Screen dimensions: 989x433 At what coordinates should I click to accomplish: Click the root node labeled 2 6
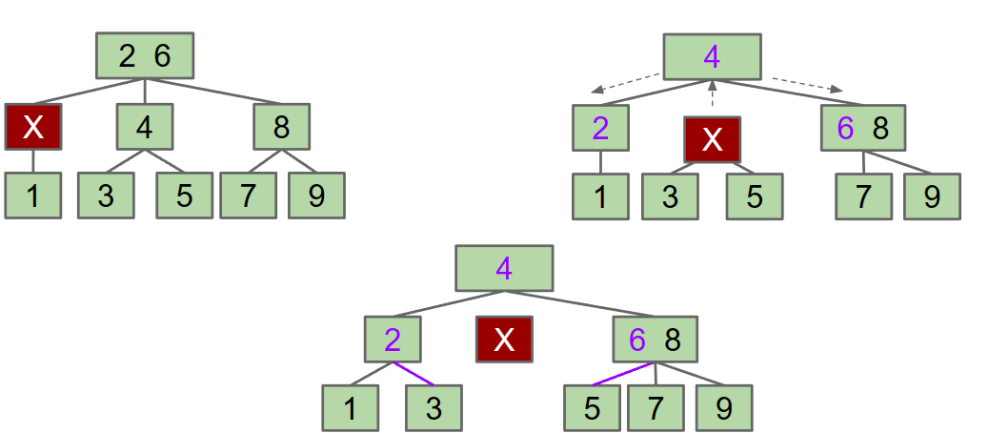145,56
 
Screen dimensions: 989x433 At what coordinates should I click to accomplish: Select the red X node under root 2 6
32,127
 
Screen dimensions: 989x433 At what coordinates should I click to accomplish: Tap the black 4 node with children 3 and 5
145,127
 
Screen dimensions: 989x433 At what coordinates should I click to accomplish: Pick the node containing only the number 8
281,127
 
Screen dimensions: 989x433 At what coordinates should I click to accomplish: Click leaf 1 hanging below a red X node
32,196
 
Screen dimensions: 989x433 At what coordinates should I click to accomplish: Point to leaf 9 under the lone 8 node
316,196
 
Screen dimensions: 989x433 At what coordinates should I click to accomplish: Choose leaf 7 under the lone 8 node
248,196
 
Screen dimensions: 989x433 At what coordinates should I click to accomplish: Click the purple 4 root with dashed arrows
712,57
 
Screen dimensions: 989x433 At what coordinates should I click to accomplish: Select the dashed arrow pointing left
625,83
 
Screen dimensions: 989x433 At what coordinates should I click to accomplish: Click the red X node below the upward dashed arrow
712,140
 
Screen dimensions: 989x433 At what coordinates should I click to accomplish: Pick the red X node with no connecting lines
504,340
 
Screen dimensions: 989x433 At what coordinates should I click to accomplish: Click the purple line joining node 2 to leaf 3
412,373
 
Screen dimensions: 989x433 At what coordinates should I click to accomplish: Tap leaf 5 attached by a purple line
592,408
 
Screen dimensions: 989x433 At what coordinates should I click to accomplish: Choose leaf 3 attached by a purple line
434,408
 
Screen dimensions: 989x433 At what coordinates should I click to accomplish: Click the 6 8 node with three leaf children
656,339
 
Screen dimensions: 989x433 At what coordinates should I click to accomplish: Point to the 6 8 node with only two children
863,128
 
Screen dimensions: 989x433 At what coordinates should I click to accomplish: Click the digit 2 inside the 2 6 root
128,56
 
